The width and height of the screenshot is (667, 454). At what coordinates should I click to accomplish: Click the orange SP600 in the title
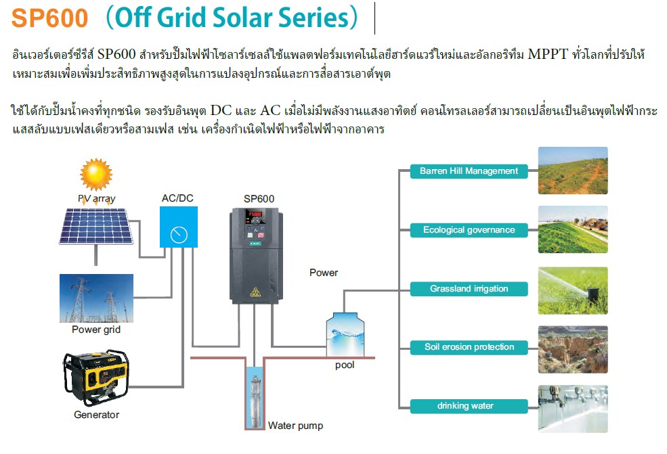(x=49, y=18)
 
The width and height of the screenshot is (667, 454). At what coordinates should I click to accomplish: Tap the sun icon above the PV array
(x=95, y=174)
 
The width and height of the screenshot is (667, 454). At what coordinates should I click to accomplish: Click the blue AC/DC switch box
(x=179, y=227)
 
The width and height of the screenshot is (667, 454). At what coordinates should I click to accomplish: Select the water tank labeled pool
(x=344, y=334)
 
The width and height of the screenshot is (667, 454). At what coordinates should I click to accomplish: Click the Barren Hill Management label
(x=469, y=171)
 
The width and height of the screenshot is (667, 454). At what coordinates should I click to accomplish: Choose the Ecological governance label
(x=469, y=230)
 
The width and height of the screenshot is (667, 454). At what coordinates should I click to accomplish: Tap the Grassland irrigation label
(x=469, y=289)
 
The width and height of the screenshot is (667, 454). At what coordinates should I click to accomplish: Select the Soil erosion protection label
(x=469, y=347)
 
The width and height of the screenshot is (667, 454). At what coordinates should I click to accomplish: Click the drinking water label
(x=469, y=406)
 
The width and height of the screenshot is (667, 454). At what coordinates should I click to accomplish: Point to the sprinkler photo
(x=573, y=289)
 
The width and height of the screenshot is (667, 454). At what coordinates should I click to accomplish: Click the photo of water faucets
(x=573, y=408)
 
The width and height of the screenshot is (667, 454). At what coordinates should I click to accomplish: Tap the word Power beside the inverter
(x=324, y=273)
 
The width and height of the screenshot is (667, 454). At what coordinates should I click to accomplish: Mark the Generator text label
(x=96, y=415)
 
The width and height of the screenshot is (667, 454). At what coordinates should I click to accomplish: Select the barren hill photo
(x=573, y=171)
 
